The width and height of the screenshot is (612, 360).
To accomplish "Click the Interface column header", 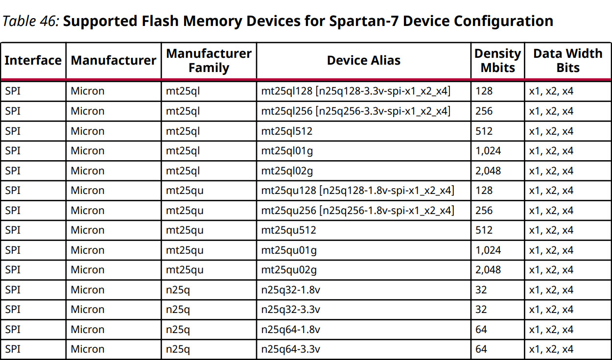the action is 33,60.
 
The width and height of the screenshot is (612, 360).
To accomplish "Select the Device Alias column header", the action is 364,60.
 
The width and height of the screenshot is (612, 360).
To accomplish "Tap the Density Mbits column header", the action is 498,60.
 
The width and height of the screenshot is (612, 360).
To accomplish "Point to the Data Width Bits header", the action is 568,60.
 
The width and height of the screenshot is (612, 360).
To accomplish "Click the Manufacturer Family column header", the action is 209,60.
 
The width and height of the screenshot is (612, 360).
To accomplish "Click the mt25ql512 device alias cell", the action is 286,131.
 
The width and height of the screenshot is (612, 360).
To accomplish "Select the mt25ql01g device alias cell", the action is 287,151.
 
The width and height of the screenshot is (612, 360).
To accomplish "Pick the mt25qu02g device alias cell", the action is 289,270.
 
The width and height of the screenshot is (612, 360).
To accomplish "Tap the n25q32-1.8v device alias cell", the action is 290,290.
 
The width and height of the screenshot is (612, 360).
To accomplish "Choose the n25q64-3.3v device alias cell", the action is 290,349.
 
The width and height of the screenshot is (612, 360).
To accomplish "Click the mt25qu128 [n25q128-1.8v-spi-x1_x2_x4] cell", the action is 357,191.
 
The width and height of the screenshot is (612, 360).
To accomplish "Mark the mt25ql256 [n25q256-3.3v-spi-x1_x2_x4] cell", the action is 356,111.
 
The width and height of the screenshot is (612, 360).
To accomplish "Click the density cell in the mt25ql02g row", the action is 488,171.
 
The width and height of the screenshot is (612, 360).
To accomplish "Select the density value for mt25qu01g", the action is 488,250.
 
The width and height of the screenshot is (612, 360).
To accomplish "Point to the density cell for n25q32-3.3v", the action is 481,310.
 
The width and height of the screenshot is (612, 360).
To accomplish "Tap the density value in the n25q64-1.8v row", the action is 481,329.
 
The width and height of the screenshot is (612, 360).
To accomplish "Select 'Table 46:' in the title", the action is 30,21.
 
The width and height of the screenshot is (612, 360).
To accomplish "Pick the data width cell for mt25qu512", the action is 551,230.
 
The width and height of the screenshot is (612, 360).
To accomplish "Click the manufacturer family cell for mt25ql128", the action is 183,91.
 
